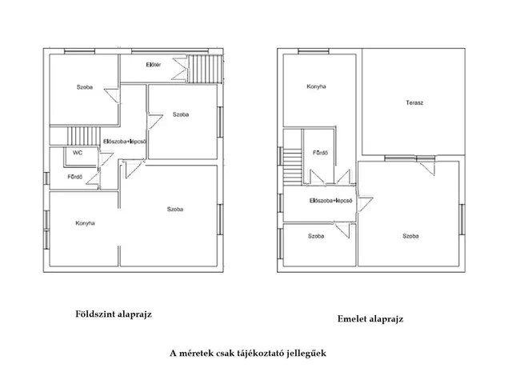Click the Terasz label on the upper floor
(414, 103)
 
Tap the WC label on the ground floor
(78, 153)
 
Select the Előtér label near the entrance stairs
(153, 65)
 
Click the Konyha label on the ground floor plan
(85, 223)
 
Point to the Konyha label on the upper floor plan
(316, 86)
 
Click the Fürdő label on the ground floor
(74, 177)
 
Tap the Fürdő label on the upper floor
(320, 153)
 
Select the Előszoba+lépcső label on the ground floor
(125, 142)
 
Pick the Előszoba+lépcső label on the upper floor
(330, 201)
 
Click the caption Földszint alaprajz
(114, 314)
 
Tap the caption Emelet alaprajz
(370, 318)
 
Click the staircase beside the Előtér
(205, 69)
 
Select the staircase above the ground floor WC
(83, 136)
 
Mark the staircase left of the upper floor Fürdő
(293, 167)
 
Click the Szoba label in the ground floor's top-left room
(85, 87)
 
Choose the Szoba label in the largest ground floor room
(175, 210)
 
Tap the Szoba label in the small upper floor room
(316, 236)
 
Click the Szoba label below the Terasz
(410, 236)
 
